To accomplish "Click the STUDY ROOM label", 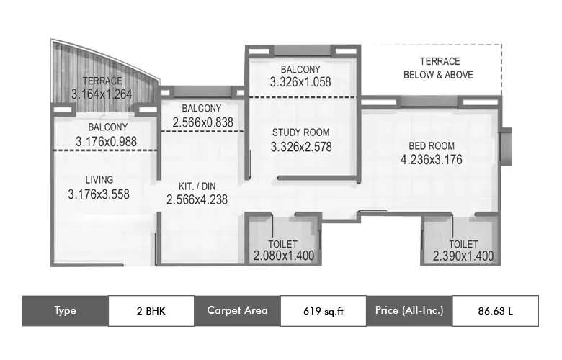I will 300,132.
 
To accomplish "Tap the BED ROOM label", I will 431,145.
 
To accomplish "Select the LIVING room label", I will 99,179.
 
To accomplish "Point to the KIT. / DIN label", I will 197,186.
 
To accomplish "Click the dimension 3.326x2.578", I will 300,147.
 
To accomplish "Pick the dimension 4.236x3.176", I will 431,159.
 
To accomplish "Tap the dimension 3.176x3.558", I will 99,194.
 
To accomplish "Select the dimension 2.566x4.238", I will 197,200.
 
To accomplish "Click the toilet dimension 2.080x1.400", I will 283,256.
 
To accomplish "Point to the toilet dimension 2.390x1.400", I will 463,256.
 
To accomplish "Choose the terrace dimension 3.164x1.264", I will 102,94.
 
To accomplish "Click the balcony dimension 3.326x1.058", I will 300,82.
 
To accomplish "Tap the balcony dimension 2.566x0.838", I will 202,122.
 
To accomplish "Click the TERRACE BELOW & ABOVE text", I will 440,68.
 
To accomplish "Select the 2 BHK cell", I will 151,311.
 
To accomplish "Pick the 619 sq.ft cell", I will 323,311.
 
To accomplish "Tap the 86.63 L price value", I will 495,311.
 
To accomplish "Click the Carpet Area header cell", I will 237,311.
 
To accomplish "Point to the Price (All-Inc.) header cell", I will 409,311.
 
